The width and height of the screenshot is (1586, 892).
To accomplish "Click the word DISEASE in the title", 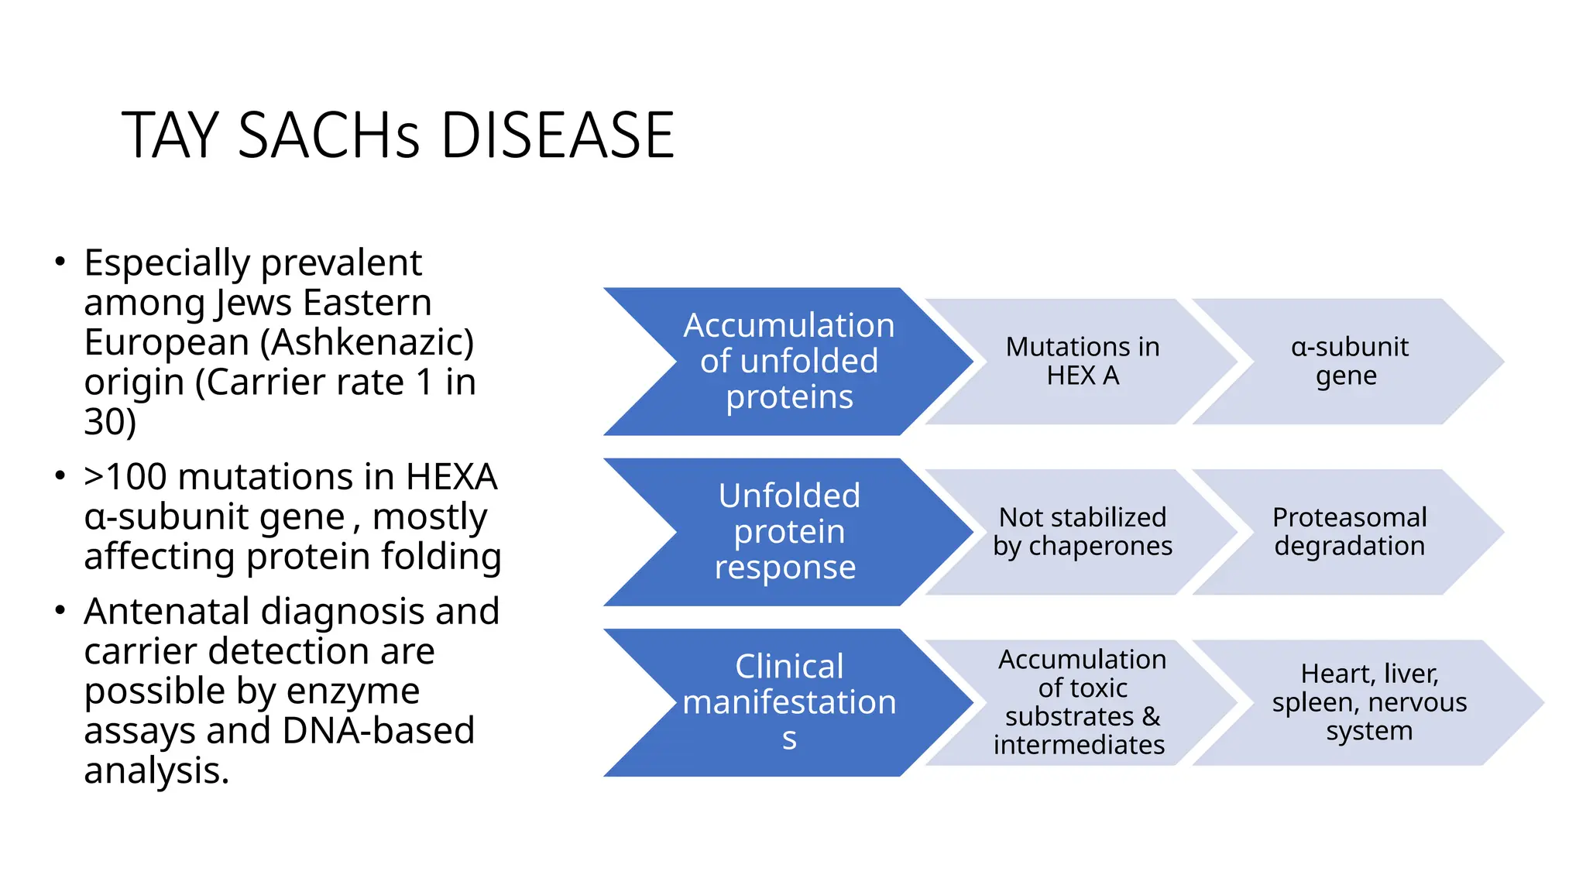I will (558, 136).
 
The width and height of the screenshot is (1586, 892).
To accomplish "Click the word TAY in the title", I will (170, 136).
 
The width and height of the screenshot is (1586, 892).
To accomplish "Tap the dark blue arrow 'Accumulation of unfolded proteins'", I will (788, 361).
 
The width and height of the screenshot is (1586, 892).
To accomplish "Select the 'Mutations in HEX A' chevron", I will (1082, 361).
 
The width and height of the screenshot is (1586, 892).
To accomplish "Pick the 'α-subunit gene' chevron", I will (1348, 361).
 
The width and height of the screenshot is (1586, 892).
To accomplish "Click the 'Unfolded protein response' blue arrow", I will (788, 531).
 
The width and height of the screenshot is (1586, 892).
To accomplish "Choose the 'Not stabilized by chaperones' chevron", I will (1082, 531).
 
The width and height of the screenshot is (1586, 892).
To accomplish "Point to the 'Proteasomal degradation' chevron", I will (1348, 531).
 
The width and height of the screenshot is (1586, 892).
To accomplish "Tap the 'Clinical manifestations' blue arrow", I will (788, 702).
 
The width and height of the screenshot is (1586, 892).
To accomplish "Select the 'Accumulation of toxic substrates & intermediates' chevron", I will (1082, 702).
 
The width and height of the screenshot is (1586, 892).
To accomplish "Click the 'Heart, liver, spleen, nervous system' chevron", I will (1368, 702).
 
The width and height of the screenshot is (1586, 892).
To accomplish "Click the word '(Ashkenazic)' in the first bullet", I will (367, 342).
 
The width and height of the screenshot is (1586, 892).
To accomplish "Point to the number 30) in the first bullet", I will (110, 422).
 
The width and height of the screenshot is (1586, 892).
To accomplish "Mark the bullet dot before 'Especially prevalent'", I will (60, 262).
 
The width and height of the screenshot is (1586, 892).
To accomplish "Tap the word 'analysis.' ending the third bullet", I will (156, 770).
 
